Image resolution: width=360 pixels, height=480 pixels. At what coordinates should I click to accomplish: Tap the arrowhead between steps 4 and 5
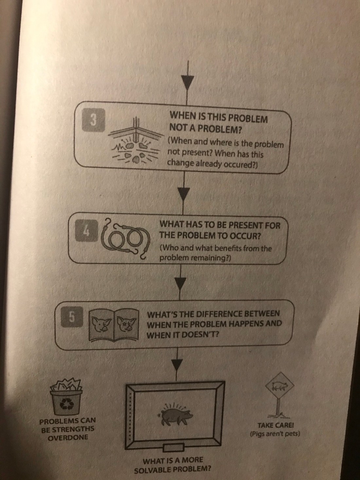[180, 282]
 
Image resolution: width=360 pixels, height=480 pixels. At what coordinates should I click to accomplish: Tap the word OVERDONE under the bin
[68, 438]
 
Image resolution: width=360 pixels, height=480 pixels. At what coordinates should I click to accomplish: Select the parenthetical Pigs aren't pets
[275, 434]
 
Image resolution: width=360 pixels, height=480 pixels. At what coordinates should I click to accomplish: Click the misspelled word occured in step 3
[241, 163]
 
